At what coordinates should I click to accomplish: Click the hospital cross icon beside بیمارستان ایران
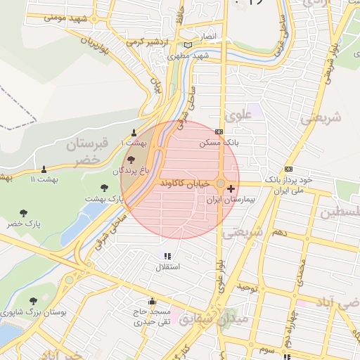231,189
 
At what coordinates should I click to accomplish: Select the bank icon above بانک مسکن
219,131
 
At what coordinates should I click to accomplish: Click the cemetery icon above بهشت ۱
134,132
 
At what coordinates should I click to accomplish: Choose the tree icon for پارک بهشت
105,188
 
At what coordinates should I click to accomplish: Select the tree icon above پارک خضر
24,212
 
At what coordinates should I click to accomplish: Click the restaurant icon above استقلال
167,257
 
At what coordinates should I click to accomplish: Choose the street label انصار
210,34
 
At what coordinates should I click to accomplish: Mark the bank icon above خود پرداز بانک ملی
288,169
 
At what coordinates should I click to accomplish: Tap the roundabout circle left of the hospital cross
221,184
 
